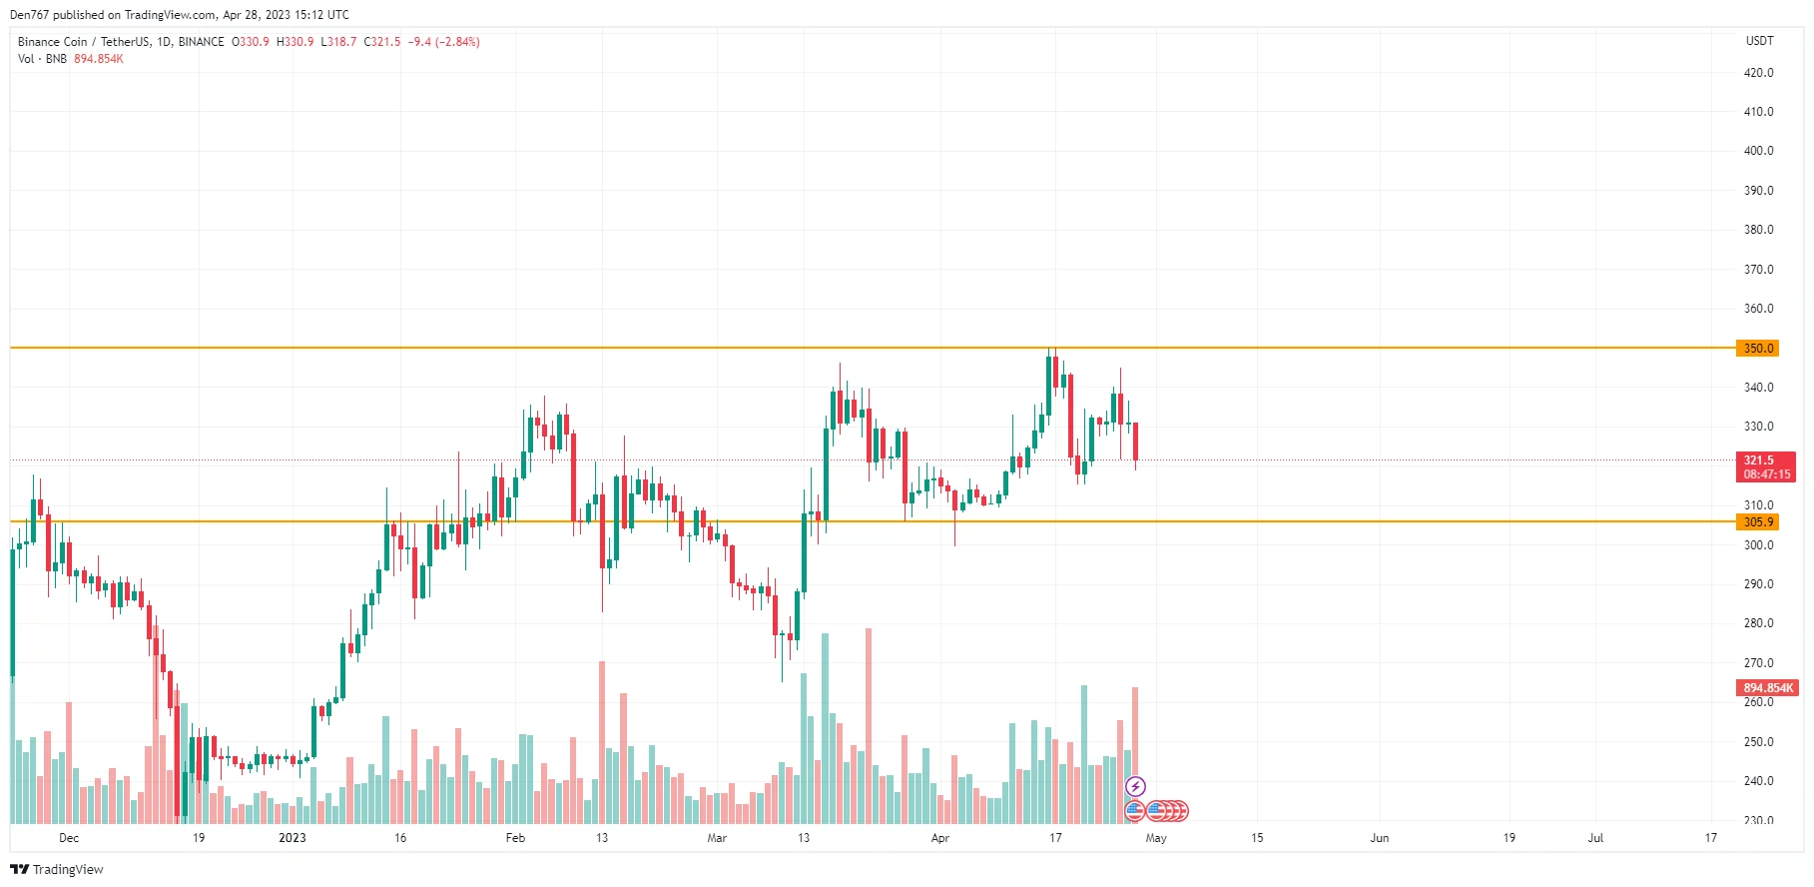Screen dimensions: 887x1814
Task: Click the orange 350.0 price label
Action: click(x=1758, y=349)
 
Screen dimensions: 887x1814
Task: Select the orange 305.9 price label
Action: click(x=1758, y=522)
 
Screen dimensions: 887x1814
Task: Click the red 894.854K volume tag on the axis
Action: click(x=1767, y=688)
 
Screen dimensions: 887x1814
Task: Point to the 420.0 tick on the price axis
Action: click(x=1758, y=73)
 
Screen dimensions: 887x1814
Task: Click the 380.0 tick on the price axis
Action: click(x=1758, y=230)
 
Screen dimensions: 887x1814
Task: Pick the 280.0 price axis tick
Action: click(x=1758, y=623)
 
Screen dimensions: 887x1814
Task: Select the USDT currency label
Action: click(x=1759, y=41)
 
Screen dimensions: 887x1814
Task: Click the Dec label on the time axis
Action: click(x=69, y=838)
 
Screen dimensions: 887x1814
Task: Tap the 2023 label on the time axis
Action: click(x=293, y=838)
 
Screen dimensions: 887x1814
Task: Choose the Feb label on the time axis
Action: click(x=515, y=838)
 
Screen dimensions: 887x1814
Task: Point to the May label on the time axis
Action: click(x=1156, y=838)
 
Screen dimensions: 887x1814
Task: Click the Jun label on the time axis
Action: click(x=1379, y=838)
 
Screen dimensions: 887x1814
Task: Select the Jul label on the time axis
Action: click(x=1595, y=838)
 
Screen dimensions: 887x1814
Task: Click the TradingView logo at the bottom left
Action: click(x=57, y=869)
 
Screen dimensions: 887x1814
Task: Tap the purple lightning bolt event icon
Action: click(x=1135, y=786)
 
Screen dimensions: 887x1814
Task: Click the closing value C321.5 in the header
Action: click(x=382, y=42)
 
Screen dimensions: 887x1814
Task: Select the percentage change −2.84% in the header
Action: click(x=457, y=42)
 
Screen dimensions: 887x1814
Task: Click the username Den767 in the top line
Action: click(x=29, y=15)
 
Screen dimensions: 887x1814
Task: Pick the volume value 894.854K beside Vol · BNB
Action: click(x=99, y=59)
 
